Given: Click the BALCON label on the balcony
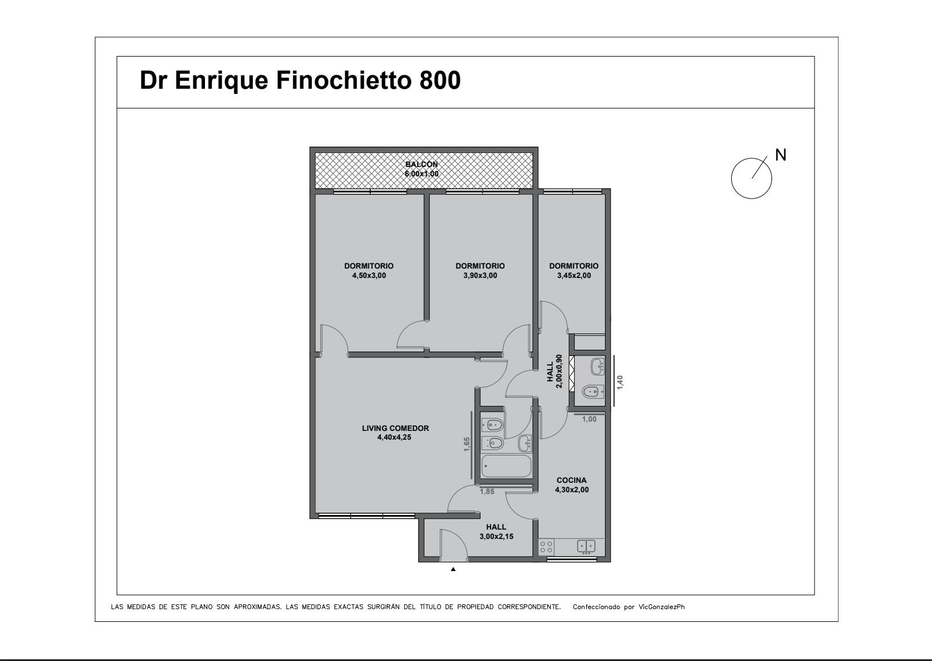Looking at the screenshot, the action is [422, 164].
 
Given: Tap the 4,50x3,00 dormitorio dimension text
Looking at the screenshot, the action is [369, 276].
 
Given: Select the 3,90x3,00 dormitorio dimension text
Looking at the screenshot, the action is [480, 276].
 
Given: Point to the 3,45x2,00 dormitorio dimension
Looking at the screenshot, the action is [574, 276].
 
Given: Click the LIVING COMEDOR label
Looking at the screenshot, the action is [395, 428].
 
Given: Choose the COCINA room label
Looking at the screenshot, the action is [572, 480].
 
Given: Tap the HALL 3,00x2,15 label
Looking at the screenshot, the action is [496, 531].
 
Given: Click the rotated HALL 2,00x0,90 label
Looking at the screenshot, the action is [555, 371].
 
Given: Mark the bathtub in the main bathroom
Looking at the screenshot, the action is [506, 466].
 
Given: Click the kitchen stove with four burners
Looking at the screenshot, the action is [547, 547].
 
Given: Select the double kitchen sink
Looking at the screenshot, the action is [586, 547].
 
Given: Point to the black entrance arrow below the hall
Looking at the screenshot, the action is [453, 569].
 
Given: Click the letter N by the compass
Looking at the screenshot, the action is [781, 155].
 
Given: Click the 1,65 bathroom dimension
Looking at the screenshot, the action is [467, 444].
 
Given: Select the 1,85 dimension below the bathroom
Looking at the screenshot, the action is [487, 492].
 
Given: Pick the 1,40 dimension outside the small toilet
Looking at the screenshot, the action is [620, 382].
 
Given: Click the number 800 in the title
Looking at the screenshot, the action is [440, 80].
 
